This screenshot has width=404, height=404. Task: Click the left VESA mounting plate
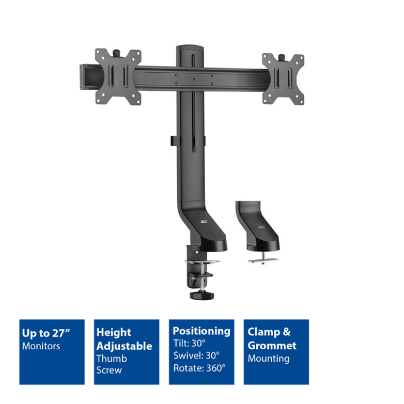coord(118,77)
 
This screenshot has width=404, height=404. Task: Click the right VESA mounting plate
coord(283,80)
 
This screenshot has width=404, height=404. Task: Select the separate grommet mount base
coord(257,227)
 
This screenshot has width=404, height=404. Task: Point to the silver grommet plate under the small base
coord(263,260)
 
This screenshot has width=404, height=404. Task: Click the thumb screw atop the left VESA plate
coord(117,53)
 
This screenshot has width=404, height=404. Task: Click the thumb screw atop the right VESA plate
coord(281,57)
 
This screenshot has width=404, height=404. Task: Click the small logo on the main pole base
coord(204,222)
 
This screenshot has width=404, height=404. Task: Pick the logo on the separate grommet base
coord(262,227)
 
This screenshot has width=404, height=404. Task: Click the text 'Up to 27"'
coord(46,333)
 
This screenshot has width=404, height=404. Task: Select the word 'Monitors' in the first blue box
coord(41,346)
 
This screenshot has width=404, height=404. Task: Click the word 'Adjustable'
coord(124,346)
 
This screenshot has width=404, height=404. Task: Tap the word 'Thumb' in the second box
coord(112,358)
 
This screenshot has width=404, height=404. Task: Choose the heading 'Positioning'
coord(201,332)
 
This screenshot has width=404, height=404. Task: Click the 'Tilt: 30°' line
coord(189,343)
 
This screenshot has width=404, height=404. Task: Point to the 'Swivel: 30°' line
coord(197,356)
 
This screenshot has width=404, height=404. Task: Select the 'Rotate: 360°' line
coord(200,368)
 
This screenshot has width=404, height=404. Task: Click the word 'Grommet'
coord(272,346)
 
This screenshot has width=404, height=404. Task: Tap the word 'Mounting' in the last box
coord(269,359)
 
